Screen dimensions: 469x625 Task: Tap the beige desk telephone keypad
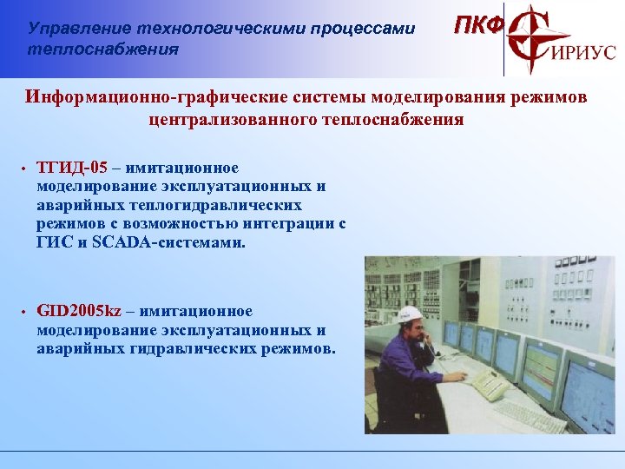pos(490,386)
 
